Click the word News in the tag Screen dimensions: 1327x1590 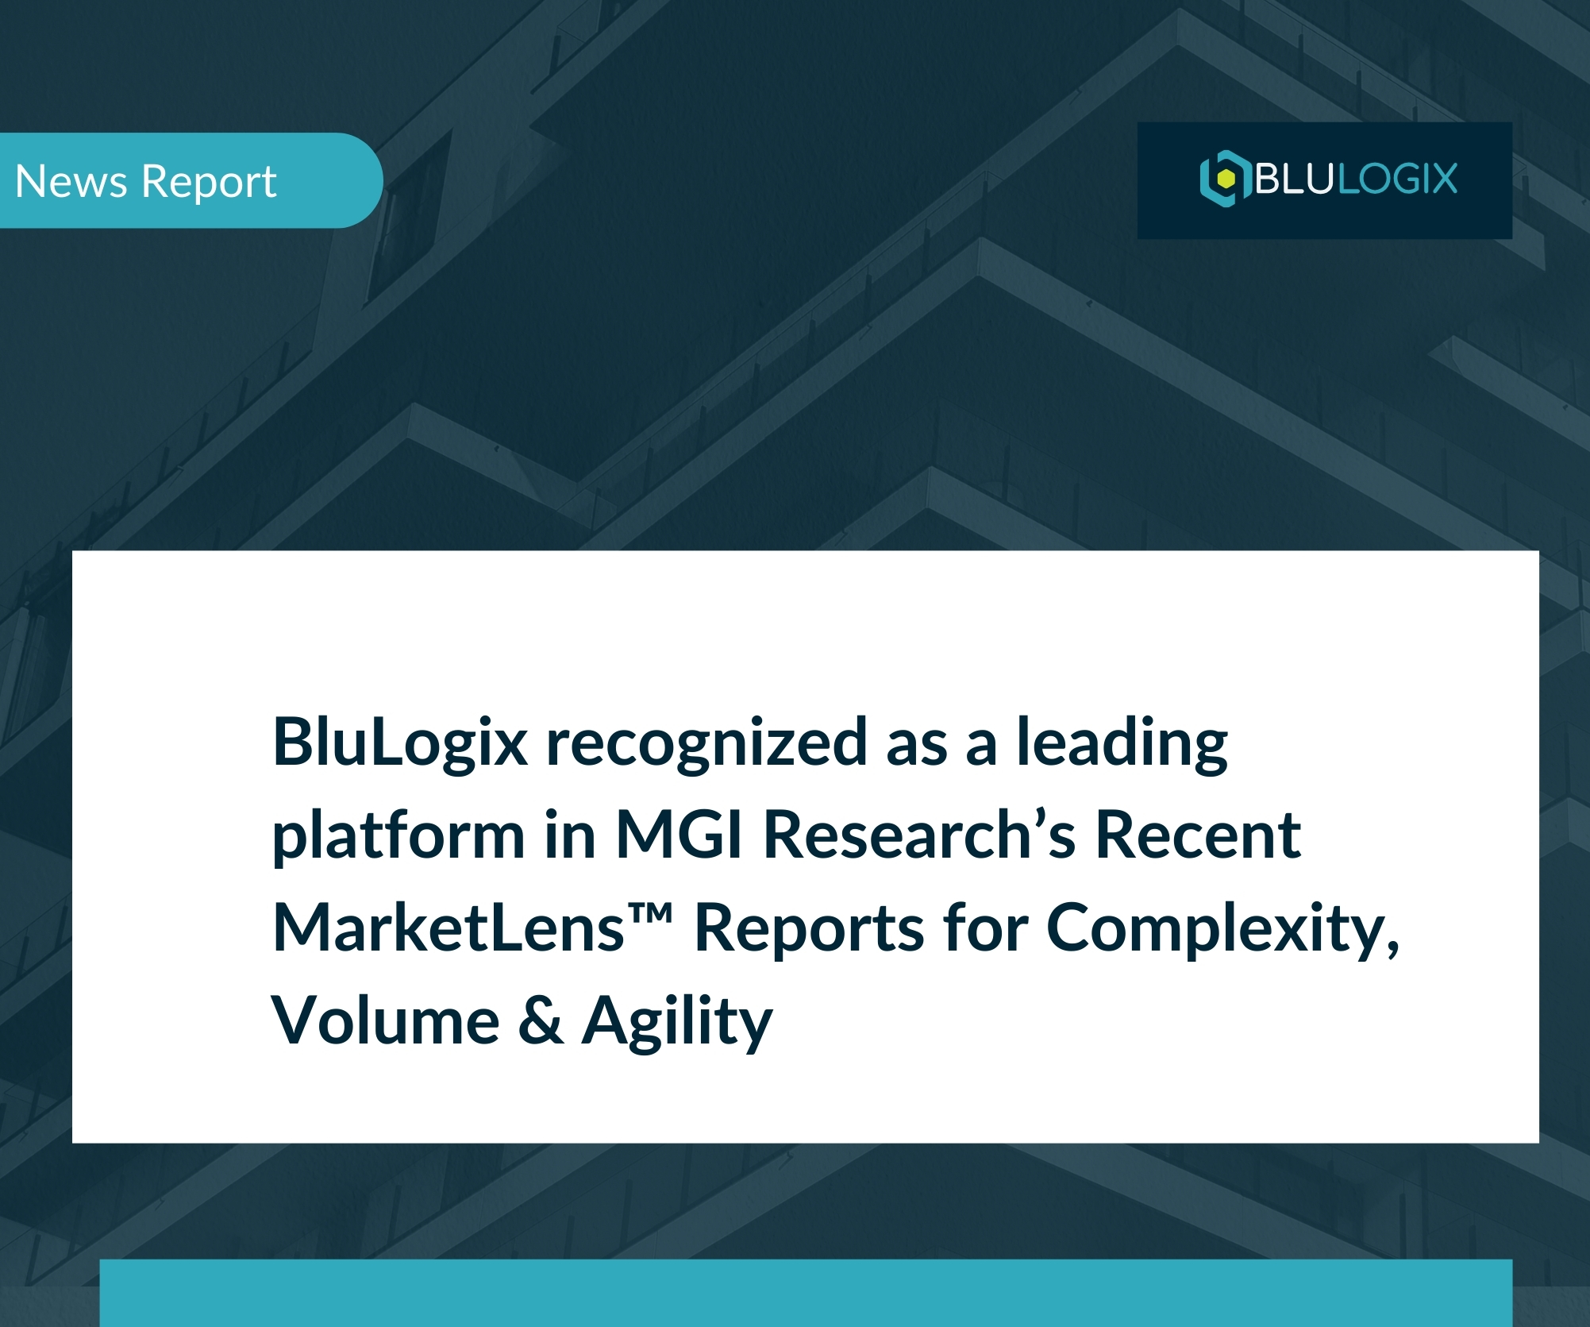(71, 181)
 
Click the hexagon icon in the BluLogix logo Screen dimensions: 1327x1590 (1225, 179)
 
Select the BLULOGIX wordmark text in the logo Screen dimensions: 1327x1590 (1356, 179)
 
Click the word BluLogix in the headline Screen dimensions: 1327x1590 (400, 743)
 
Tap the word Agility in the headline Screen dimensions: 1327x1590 (677, 1021)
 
